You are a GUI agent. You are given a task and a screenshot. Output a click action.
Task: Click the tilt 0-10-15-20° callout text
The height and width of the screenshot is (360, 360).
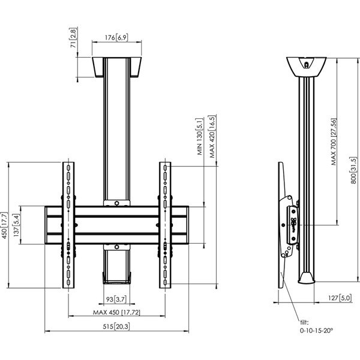pos(316,326)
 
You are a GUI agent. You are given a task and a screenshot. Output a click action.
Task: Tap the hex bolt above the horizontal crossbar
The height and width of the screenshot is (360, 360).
pos(116,203)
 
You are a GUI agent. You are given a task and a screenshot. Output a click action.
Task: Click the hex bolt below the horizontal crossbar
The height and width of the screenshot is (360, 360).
pos(116,247)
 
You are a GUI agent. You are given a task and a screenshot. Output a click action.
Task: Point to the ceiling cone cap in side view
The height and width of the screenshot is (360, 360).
pos(306,67)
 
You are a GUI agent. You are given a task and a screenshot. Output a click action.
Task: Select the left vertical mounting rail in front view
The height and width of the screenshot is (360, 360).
pos(68,225)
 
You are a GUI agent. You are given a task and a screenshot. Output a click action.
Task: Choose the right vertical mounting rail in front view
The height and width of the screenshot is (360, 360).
pos(165,225)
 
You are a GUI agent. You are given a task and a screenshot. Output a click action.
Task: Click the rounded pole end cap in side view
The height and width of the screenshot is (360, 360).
pos(307,278)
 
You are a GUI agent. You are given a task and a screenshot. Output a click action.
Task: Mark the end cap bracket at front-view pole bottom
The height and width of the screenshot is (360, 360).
pos(116,278)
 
